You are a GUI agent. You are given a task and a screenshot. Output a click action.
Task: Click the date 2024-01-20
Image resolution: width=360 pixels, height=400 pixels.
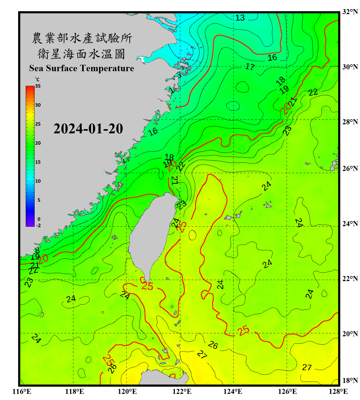pyautogui.click(x=88, y=129)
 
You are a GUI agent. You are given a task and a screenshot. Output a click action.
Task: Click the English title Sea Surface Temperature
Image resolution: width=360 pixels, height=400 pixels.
pyautogui.click(x=82, y=68)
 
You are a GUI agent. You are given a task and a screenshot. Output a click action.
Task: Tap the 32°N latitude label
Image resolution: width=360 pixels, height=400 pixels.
pyautogui.click(x=350, y=12)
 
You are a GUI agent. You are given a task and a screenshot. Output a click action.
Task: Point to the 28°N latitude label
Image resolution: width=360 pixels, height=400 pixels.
pyautogui.click(x=350, y=122)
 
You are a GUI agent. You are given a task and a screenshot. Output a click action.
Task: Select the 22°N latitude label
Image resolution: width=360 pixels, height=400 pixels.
pyautogui.click(x=350, y=279)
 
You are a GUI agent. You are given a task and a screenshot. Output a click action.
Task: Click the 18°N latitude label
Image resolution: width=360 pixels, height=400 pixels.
pyautogui.click(x=350, y=381)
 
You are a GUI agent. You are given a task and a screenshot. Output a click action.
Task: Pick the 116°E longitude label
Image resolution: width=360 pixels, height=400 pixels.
pyautogui.click(x=22, y=391)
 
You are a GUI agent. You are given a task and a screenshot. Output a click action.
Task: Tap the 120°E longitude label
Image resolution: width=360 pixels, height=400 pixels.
pyautogui.click(x=127, y=391)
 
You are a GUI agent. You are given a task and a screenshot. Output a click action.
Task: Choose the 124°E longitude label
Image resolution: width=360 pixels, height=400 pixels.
pyautogui.click(x=233, y=391)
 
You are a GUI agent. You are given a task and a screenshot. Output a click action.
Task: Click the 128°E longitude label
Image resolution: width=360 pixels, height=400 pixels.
pyautogui.click(x=338, y=391)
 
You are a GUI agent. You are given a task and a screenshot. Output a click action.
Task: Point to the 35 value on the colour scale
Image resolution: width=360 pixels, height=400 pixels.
pyautogui.click(x=38, y=86)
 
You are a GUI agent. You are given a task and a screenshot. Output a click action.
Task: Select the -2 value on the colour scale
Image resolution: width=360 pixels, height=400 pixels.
pyautogui.click(x=38, y=225)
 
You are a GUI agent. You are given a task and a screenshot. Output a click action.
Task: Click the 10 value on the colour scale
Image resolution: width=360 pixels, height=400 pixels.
pyautogui.click(x=38, y=181)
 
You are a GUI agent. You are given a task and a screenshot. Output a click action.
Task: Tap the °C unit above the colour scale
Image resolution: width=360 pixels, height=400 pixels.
pyautogui.click(x=37, y=79)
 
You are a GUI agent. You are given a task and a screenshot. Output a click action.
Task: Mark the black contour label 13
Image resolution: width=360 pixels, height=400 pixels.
pyautogui.click(x=240, y=18)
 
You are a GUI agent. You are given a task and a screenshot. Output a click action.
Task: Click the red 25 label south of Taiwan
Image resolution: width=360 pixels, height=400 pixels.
pyautogui.click(x=147, y=286)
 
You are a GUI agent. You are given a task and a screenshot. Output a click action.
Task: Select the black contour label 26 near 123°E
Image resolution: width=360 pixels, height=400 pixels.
pyautogui.click(x=213, y=345)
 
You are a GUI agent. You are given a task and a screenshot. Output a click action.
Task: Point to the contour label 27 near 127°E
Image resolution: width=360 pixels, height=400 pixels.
pyautogui.click(x=307, y=367)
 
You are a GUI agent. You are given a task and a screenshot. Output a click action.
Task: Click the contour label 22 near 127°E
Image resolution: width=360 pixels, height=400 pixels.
pyautogui.click(x=313, y=92)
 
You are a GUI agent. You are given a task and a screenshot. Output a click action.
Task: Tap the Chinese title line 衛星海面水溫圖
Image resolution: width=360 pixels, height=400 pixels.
pyautogui.click(x=81, y=54)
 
